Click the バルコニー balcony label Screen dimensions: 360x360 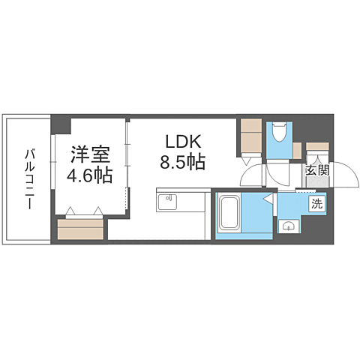click(29, 178)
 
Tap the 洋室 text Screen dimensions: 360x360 click(91, 156)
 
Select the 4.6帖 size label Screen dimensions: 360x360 click(91, 176)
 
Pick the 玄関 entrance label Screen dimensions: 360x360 click(316, 170)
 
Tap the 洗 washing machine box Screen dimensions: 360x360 click(318, 203)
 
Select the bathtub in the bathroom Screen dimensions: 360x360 click(229, 214)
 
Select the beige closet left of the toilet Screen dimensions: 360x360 click(250, 135)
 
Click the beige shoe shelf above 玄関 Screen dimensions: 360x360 click(318, 148)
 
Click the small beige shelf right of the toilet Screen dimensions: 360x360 click(297, 150)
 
